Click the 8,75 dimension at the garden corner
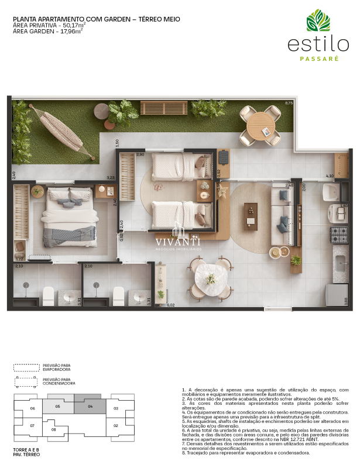(x=289, y=103)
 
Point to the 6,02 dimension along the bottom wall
(x=171, y=305)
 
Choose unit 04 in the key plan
(x=91, y=406)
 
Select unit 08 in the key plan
(x=54, y=429)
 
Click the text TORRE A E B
(x=25, y=450)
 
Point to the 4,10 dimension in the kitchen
(x=329, y=175)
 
